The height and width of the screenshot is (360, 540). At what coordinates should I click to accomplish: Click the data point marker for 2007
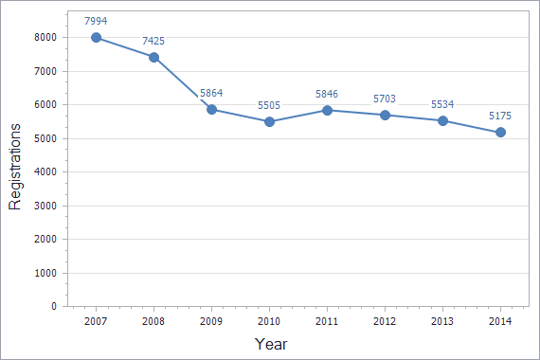coord(97,38)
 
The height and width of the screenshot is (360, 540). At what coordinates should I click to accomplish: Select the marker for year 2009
coord(211,109)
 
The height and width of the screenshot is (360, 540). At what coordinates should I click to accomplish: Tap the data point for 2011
coord(327,110)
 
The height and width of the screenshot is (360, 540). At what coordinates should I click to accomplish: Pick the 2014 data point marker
coord(500,133)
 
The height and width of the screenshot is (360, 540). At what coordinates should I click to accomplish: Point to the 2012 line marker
coord(385,115)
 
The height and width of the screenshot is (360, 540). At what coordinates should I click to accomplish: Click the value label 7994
coord(97,19)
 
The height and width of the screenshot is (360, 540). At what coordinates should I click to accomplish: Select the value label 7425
coord(154,41)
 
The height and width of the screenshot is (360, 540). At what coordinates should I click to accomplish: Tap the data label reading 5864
coord(212,93)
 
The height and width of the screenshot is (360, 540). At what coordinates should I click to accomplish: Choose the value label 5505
coord(269,105)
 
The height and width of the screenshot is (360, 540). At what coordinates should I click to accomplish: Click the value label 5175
coord(500,116)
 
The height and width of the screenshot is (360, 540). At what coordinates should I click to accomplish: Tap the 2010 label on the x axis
coord(269,322)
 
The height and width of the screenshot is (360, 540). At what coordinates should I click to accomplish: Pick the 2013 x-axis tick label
coord(442,322)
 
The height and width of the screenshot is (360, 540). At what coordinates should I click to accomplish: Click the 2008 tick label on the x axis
coord(154,322)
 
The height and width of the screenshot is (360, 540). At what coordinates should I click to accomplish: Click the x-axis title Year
coord(271,343)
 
